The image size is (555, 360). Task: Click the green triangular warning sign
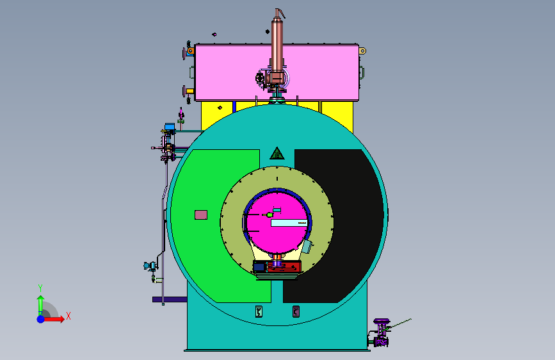[277, 154]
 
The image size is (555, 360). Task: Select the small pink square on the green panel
[201, 215]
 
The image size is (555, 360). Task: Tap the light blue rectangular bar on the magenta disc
[289, 223]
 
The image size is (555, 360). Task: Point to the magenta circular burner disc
[277, 223]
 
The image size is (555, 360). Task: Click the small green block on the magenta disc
[269, 215]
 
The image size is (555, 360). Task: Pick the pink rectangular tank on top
[277, 72]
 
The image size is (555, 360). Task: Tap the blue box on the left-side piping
[170, 126]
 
